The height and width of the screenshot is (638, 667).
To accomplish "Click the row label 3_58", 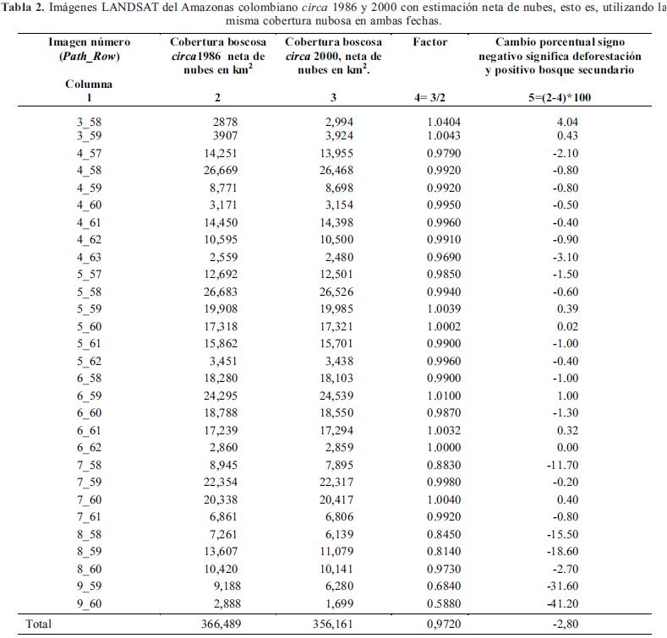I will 88,122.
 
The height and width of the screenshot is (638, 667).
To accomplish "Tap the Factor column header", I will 430,41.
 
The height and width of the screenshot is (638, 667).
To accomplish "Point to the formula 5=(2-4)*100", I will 563,98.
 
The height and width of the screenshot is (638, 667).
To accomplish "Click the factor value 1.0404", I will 443,122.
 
